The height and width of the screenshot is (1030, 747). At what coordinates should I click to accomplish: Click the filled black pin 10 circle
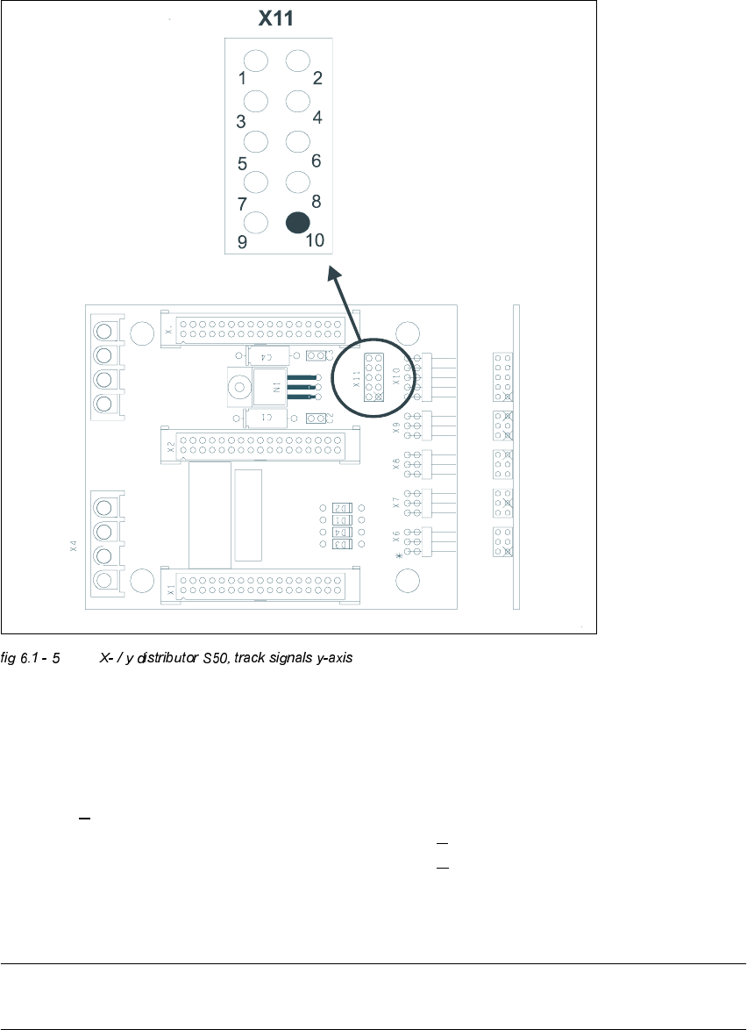(298, 222)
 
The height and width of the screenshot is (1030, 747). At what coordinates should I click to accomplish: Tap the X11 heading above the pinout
(275, 18)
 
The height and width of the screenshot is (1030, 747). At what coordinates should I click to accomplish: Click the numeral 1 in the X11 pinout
(243, 78)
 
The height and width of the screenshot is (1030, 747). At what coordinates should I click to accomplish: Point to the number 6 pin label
(316, 161)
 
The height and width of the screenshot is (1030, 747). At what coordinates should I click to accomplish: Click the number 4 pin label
(317, 118)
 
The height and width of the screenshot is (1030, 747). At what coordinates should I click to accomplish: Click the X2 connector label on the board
(172, 446)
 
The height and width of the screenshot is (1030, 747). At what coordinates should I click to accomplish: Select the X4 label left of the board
(75, 547)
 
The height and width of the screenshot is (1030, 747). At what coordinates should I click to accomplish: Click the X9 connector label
(396, 428)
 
